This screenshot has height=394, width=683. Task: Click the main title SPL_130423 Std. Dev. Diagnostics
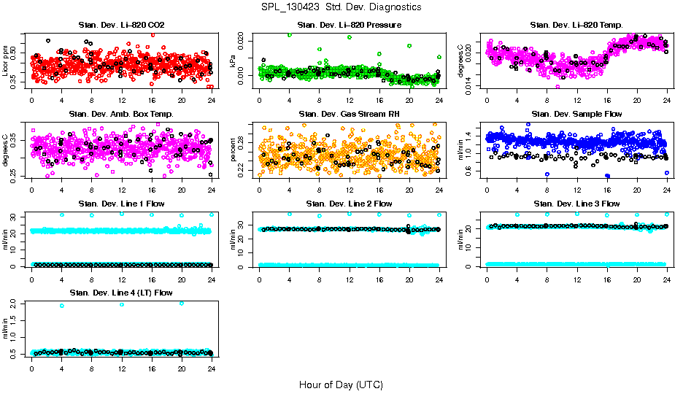pos(341,7)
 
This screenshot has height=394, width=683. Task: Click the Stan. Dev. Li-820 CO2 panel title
pos(121,25)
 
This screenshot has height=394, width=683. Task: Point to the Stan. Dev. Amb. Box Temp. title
pos(121,114)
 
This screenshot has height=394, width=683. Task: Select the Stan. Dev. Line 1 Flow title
pos(121,204)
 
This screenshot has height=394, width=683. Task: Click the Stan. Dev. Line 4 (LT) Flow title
pos(121,293)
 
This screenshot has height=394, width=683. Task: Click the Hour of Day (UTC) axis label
pos(341,385)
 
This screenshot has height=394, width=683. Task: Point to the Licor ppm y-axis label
pos(6,61)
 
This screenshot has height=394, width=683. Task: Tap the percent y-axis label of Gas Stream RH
pos(234,150)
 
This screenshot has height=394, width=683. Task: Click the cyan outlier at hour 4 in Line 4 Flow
pos(62,306)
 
